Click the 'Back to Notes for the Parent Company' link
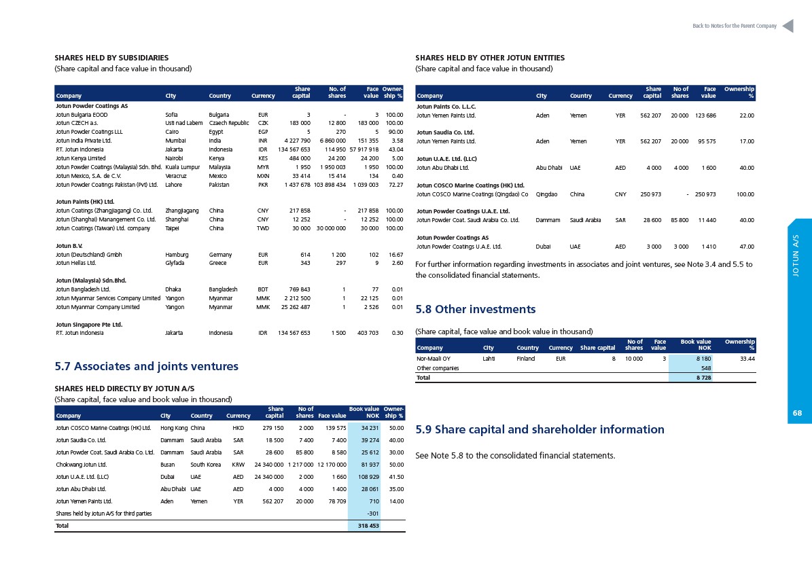click(x=735, y=26)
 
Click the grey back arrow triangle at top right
click(x=788, y=26)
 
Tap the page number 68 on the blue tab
click(x=797, y=413)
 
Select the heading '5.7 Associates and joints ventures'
click(x=147, y=366)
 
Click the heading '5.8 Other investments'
click(x=476, y=310)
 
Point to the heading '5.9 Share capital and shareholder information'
click(x=540, y=429)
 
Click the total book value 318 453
click(x=368, y=526)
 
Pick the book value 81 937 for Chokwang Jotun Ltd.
click(x=370, y=465)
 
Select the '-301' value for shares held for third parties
click(x=373, y=514)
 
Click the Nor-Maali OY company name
click(x=434, y=359)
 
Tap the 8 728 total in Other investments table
click(x=703, y=378)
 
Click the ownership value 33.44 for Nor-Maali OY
click(x=747, y=359)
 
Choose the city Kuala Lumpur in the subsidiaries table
click(x=182, y=167)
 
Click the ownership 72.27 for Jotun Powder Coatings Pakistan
click(x=395, y=185)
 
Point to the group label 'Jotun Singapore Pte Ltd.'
click(x=89, y=325)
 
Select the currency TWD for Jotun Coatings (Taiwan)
click(x=262, y=228)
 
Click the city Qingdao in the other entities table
click(x=547, y=194)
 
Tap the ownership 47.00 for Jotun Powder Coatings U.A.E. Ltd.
click(x=747, y=247)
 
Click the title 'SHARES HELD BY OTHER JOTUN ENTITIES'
click(x=490, y=58)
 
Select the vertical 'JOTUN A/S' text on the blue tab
click(x=796, y=255)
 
